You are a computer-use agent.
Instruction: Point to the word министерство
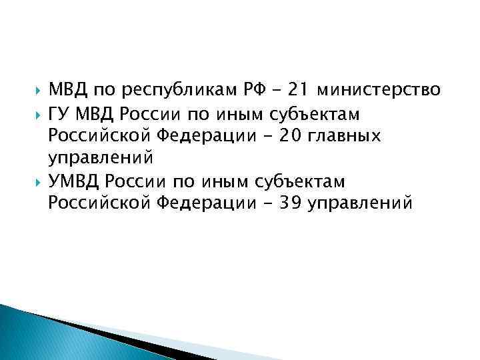click(x=380, y=90)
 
